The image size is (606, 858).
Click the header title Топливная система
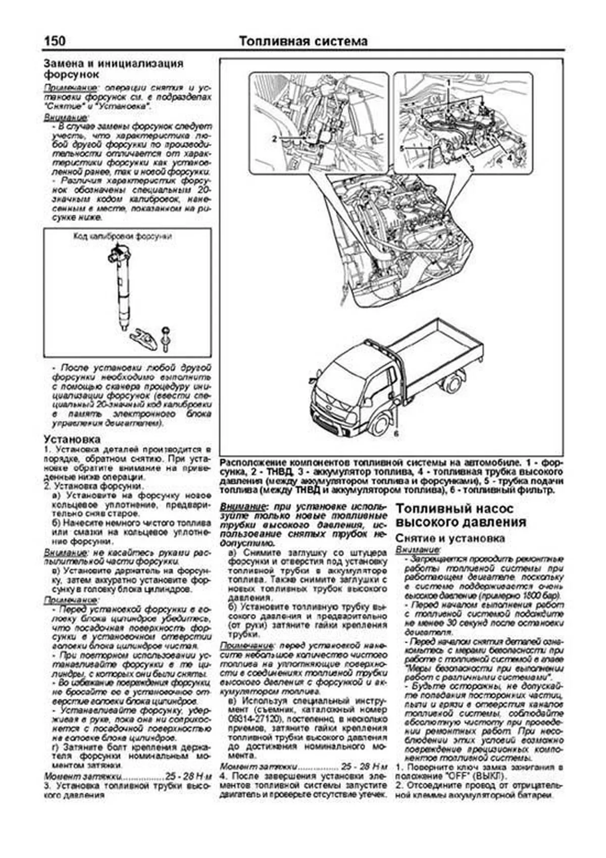[x=303, y=41]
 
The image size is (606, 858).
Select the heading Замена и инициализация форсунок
[x=113, y=69]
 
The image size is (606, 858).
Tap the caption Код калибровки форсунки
[x=122, y=236]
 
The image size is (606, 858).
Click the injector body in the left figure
[x=122, y=288]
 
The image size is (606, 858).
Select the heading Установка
[x=72, y=439]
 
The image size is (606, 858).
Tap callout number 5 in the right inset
[x=402, y=148]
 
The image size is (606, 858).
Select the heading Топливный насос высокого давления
[x=461, y=515]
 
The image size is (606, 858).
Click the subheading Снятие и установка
[x=450, y=538]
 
